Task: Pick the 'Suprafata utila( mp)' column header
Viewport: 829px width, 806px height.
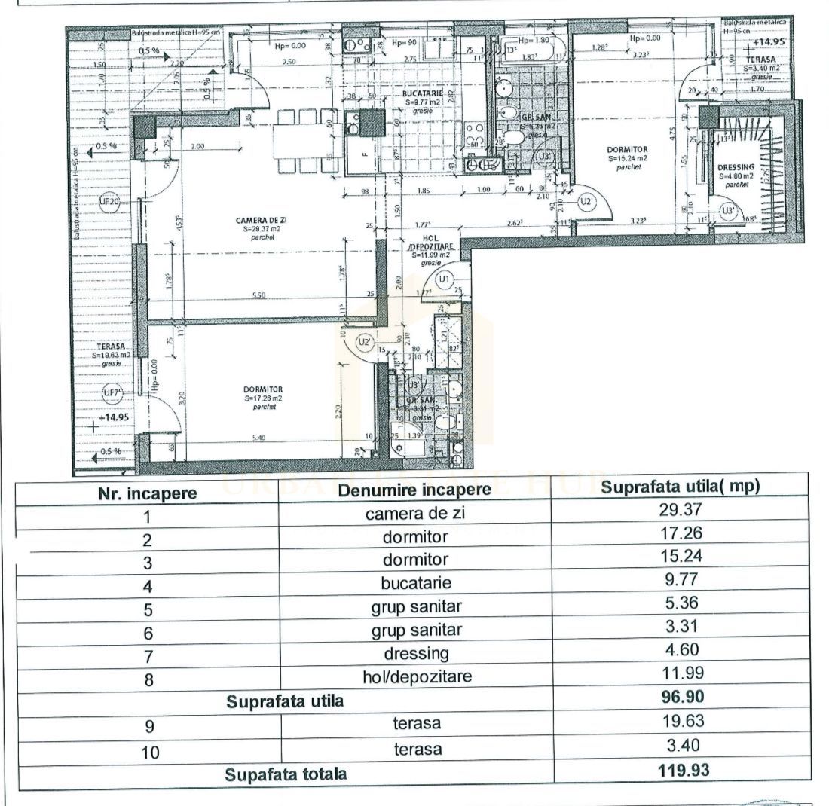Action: [681, 487]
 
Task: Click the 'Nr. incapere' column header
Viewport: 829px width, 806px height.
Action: [148, 493]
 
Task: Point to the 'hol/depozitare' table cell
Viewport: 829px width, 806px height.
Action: [417, 676]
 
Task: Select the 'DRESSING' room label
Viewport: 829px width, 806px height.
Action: [736, 167]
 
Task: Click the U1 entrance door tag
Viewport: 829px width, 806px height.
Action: [445, 279]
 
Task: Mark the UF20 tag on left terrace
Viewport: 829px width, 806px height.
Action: [109, 201]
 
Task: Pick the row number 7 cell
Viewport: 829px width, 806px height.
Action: [148, 653]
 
